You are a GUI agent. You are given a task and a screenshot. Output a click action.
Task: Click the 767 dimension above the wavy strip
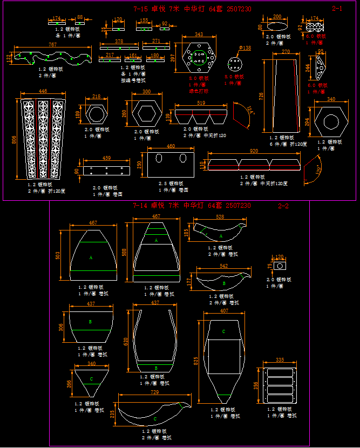click(x=52, y=44)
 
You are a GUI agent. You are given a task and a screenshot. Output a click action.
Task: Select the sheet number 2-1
click(x=337, y=9)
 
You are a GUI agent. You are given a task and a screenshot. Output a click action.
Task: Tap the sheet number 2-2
click(x=283, y=206)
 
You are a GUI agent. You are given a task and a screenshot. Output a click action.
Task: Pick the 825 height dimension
click(x=196, y=360)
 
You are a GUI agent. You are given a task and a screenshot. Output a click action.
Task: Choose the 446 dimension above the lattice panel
click(x=43, y=91)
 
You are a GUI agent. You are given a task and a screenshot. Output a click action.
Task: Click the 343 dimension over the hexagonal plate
click(x=199, y=35)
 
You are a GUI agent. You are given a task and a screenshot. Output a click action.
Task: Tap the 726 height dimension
click(x=261, y=96)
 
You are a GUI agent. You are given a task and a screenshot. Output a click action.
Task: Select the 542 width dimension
click(x=223, y=266)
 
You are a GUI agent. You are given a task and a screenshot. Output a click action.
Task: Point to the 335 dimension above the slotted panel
click(x=280, y=359)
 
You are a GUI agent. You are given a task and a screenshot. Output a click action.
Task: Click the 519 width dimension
click(x=201, y=103)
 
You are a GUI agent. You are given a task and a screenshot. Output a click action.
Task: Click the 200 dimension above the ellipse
click(x=277, y=17)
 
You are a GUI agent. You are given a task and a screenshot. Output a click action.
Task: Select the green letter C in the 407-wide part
click(x=223, y=331)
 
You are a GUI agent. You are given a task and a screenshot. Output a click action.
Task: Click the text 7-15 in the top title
click(x=140, y=9)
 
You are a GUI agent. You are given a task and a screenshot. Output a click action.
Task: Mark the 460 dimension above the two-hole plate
click(x=171, y=146)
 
